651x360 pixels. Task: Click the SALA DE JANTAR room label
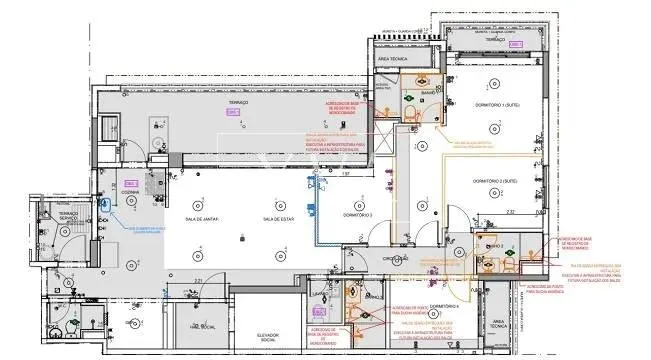202,219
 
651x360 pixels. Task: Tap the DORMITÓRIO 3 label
358,215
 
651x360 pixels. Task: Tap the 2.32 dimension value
510,212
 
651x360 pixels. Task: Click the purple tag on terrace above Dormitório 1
513,45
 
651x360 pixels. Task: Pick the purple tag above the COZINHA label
130,182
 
